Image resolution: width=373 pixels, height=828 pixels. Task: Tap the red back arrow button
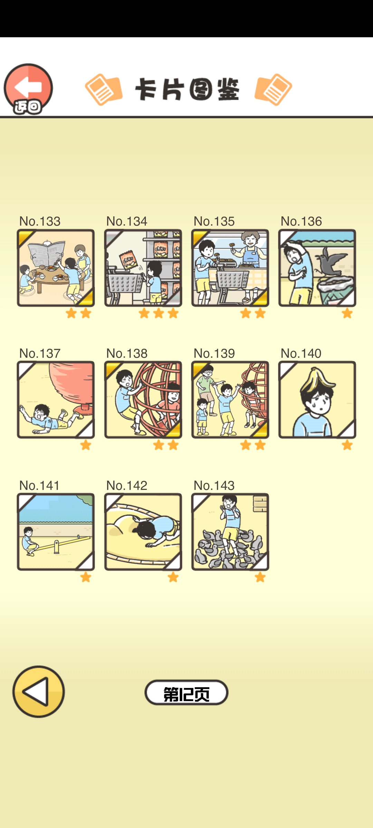(28, 88)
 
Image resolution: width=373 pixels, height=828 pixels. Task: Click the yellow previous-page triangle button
(39, 692)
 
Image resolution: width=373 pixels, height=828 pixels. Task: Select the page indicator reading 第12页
(186, 692)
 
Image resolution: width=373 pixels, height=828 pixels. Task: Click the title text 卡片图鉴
(187, 89)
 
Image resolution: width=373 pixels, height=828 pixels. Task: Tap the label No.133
(40, 221)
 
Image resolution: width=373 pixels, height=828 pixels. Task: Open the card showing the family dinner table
(56, 268)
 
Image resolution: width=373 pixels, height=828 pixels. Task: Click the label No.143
(214, 485)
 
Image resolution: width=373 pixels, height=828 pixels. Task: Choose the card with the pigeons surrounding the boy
(230, 532)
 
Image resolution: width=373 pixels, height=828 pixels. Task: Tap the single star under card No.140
(347, 445)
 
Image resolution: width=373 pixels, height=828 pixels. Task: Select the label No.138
(127, 353)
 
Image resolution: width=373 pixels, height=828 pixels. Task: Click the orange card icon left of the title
(104, 89)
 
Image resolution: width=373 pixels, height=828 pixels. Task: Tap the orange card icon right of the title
(273, 89)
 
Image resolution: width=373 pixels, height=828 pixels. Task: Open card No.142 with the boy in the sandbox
(143, 532)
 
